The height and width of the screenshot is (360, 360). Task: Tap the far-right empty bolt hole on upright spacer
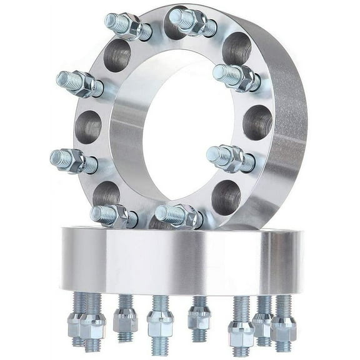pyautogui.click(x=257, y=122)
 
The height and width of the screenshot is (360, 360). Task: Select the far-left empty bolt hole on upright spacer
pyautogui.click(x=88, y=127)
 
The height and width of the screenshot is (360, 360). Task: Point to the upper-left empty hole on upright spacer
pyautogui.click(x=117, y=56)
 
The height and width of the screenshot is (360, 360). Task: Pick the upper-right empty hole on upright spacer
pyautogui.click(x=236, y=48)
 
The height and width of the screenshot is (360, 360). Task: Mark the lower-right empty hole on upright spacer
pyautogui.click(x=226, y=197)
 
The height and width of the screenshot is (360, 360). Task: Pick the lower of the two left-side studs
pyautogui.click(x=73, y=160)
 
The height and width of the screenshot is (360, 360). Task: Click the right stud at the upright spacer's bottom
pyautogui.click(x=177, y=216)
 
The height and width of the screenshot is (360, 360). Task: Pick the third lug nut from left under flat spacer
pyautogui.click(x=125, y=320)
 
